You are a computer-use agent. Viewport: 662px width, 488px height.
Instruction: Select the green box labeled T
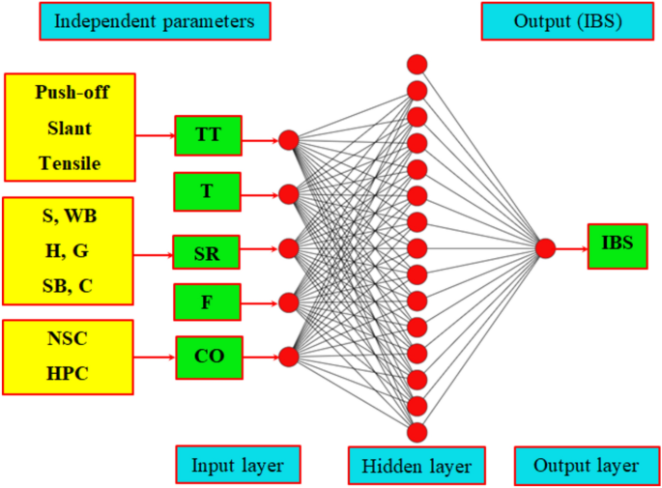coord(207,191)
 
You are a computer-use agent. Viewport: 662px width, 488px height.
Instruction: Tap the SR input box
coord(207,252)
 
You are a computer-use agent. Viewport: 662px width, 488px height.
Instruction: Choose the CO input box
coord(209,357)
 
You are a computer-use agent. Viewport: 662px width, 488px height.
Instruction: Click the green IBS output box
coord(617,245)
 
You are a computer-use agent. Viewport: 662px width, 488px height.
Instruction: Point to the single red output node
coord(545,248)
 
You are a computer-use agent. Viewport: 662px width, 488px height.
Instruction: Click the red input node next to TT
coord(288,140)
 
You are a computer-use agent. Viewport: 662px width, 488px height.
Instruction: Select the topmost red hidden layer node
coord(417,65)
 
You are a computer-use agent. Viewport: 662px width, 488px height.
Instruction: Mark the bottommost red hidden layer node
coord(417,431)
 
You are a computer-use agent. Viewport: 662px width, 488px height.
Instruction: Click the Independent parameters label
coord(155,20)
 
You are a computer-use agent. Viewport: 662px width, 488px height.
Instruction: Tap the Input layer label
coord(238,465)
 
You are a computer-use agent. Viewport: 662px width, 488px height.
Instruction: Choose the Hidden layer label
coord(416,466)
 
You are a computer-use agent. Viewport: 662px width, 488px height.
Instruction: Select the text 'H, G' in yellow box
coord(68,251)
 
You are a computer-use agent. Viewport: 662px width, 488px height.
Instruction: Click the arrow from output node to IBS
coord(570,248)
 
